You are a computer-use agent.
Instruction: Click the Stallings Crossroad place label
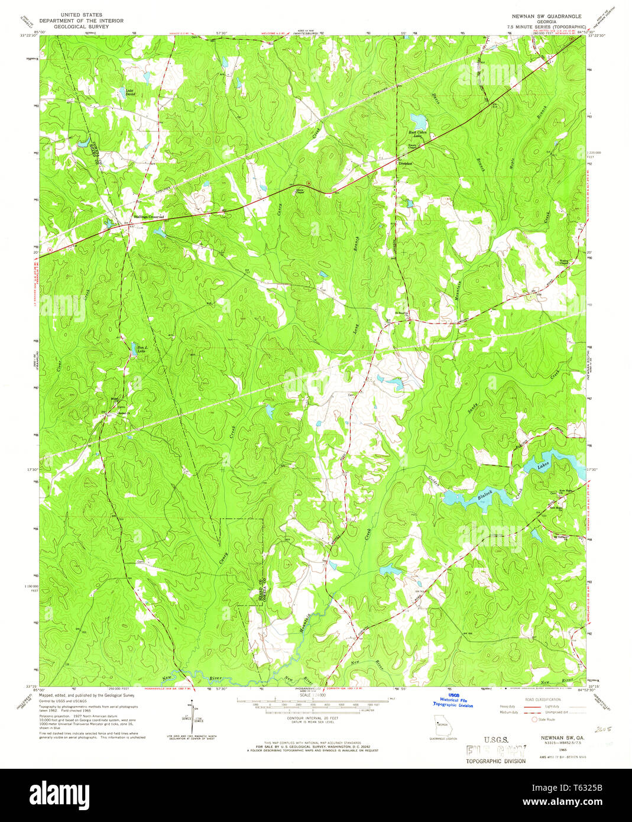tap(148, 217)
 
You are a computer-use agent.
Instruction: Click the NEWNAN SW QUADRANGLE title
tap(542, 17)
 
